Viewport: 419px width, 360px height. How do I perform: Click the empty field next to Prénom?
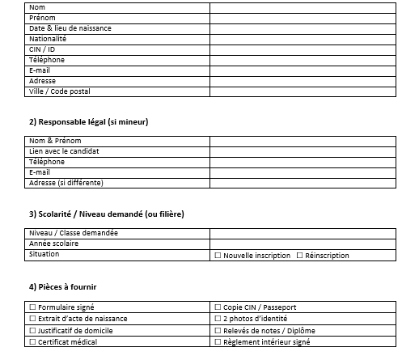[x=303, y=17]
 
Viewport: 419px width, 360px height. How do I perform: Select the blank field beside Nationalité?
[x=303, y=38]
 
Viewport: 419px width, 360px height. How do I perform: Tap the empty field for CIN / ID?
[x=303, y=49]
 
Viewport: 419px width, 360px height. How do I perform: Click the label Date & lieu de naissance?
[x=70, y=28]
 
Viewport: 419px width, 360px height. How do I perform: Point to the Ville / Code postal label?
[x=59, y=91]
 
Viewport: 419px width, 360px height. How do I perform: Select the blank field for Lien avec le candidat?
[x=303, y=151]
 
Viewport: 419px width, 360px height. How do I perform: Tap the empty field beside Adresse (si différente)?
[x=303, y=183]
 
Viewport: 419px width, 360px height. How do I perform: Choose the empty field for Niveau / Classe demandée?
[x=303, y=233]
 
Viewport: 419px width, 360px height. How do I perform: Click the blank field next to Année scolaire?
[x=303, y=244]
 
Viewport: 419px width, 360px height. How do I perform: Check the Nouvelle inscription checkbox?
[x=218, y=256]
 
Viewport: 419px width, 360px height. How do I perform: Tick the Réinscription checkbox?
[x=300, y=256]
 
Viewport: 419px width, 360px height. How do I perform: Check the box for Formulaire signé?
[x=32, y=307]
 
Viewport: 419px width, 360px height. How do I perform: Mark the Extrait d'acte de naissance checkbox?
[x=32, y=319]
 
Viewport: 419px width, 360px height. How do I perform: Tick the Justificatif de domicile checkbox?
[x=32, y=330]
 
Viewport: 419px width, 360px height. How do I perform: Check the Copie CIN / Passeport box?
[x=218, y=307]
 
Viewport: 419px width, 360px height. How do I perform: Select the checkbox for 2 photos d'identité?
[x=218, y=319]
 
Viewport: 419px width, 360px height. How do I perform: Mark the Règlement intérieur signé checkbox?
[x=218, y=342]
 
